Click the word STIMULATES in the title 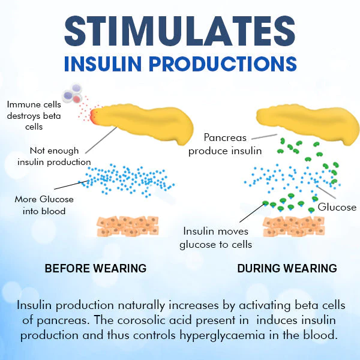coord(180,30)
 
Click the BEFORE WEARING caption coord(95,268)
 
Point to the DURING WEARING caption coord(287,268)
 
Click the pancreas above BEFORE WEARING coord(147,124)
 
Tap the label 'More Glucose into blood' coord(40,205)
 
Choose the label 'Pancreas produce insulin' coord(225,144)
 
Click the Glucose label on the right coord(337,207)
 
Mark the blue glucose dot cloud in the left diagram coord(126,178)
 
